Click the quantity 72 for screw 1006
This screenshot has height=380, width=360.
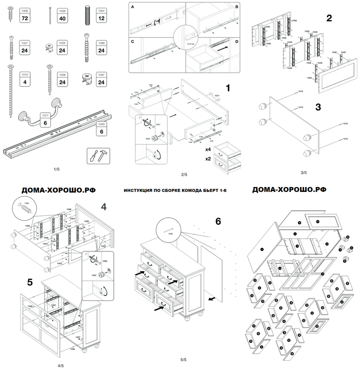(x=25, y=18)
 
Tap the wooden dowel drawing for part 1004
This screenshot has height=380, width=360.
(x=87, y=14)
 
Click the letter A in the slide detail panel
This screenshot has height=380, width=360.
(x=132, y=6)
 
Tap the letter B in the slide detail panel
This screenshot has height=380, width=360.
(x=236, y=7)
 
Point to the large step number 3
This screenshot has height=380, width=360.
(x=318, y=106)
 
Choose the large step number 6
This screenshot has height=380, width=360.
(x=218, y=222)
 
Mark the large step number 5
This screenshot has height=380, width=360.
(x=30, y=282)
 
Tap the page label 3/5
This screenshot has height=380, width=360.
(x=303, y=173)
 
